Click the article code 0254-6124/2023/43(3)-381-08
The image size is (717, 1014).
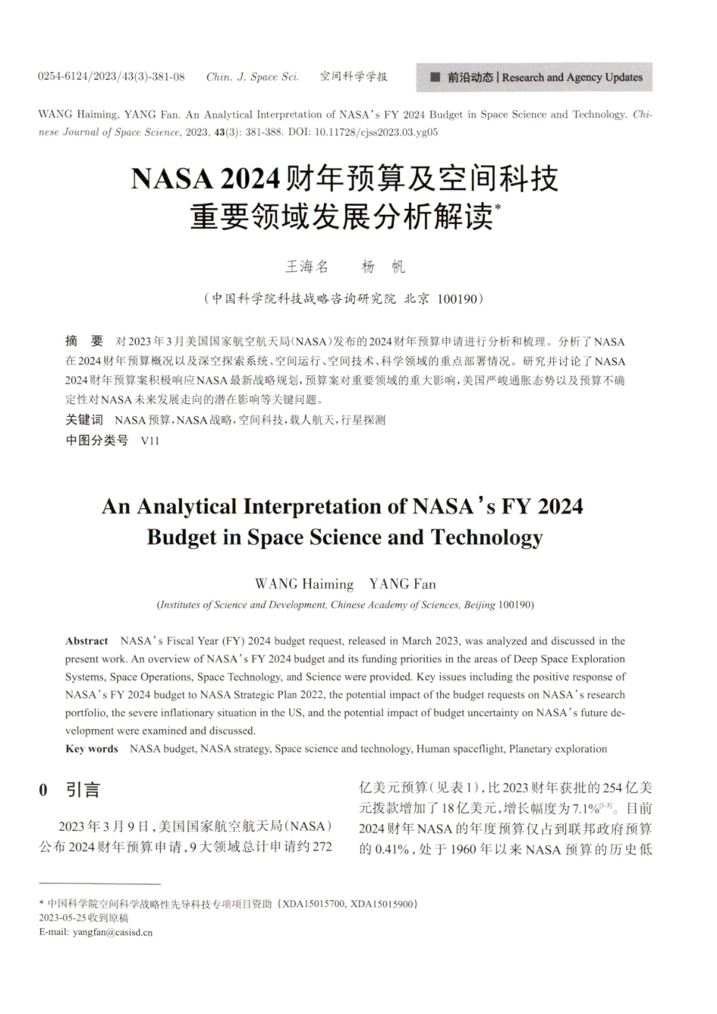click(112, 77)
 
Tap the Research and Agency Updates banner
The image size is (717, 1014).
click(534, 77)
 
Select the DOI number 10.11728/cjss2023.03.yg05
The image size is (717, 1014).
click(376, 132)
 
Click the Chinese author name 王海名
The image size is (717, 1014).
click(306, 266)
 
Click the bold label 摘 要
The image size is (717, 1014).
click(85, 342)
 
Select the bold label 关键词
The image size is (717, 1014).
click(84, 419)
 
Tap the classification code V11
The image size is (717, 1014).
click(150, 441)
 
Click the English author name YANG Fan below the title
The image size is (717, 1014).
click(402, 584)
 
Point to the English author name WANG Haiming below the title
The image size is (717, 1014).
click(304, 584)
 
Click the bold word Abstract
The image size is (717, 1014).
click(87, 641)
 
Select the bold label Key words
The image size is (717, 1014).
click(92, 749)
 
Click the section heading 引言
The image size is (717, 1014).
click(83, 790)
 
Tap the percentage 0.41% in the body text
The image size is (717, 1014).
click(392, 849)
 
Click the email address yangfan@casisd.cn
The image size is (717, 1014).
click(112, 932)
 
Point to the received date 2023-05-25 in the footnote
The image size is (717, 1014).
click(63, 918)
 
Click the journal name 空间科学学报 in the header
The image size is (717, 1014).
click(353, 77)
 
